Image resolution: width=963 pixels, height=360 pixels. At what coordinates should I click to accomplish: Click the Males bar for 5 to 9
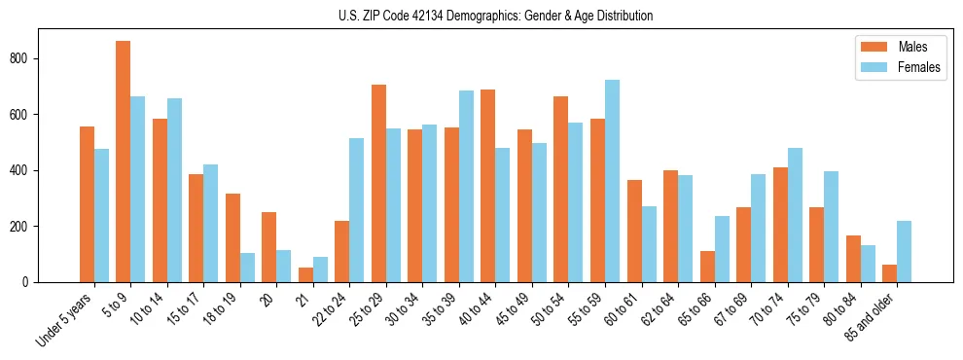124,162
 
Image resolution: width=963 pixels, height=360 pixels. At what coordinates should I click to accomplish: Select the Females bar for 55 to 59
612,181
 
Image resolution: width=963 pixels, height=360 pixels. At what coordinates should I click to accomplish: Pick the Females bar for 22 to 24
357,210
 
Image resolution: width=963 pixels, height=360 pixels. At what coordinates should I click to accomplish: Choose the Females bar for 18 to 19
247,268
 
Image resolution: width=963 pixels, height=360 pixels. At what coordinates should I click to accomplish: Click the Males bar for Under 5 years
87,204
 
